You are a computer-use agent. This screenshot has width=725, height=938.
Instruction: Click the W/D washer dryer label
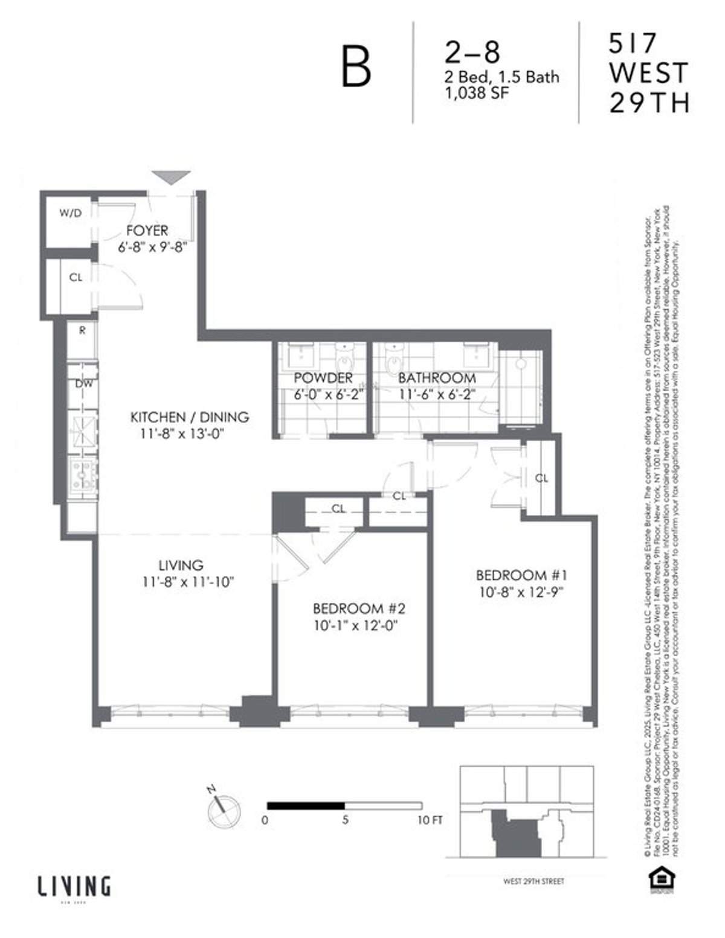coord(70,213)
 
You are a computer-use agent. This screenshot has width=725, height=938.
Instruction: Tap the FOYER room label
coord(147,231)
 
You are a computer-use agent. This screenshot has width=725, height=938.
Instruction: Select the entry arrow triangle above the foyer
coord(171,177)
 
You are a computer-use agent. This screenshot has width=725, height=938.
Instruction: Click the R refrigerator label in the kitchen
coord(82,331)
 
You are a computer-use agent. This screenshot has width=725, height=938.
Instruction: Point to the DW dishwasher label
coord(83,383)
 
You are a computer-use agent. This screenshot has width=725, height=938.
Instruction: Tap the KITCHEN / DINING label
coord(190,416)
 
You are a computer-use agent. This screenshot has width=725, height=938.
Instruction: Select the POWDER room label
coord(323,378)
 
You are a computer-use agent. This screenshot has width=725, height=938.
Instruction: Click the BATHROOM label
coord(436,378)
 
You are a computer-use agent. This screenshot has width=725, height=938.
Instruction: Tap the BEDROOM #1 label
coord(521,574)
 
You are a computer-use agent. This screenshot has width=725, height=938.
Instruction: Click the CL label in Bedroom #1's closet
coord(541,478)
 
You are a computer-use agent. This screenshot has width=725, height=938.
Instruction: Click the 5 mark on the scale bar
coord(345,821)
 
